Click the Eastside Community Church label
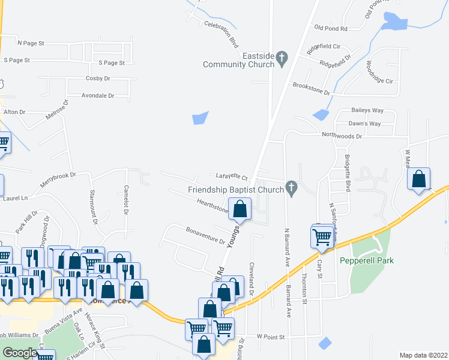pos(239,60)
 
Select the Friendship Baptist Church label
pos(235,190)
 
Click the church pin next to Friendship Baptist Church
pos(292,188)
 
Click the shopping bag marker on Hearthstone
pos(240,209)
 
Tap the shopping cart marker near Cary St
pos(322,236)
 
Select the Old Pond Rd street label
pos(331,28)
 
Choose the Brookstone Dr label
pos(312,89)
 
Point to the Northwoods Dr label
pos(342,136)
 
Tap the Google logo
pos(19,353)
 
